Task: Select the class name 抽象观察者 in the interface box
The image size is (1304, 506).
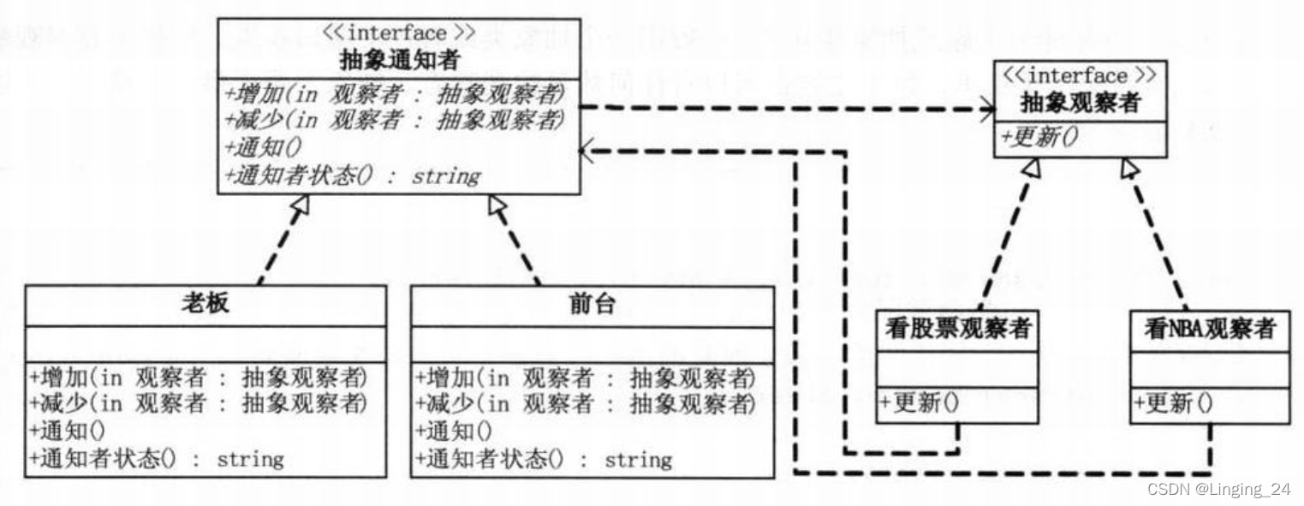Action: [1081, 104]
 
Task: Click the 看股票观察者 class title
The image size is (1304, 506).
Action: [956, 328]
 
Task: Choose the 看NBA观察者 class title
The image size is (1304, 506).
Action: [1210, 328]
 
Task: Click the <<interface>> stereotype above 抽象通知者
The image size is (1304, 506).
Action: [398, 33]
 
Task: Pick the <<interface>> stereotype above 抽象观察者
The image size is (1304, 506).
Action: [1081, 76]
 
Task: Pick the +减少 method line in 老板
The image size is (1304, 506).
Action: [198, 402]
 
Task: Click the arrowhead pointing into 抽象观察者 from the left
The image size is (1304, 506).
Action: [989, 109]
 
